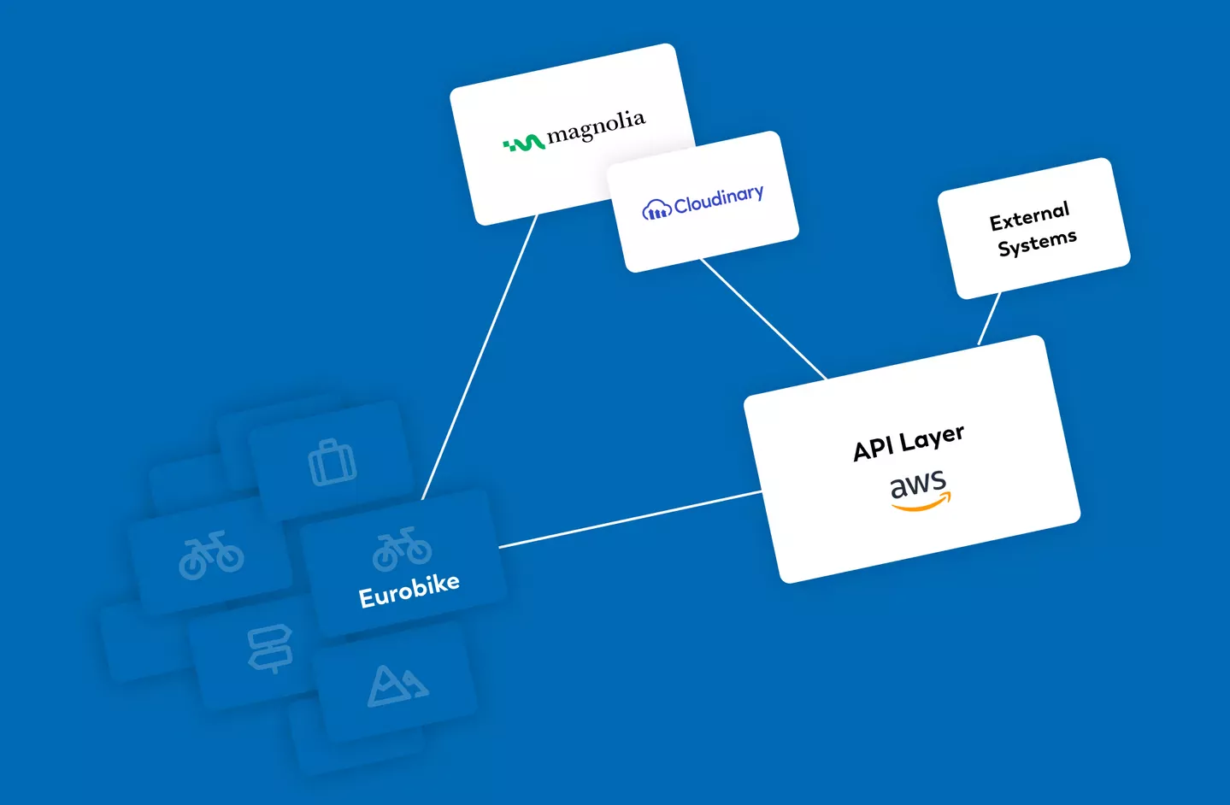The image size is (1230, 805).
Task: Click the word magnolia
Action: pos(596,126)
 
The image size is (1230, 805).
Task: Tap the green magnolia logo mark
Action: pos(524,144)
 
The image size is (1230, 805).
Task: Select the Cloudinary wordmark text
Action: pos(719,199)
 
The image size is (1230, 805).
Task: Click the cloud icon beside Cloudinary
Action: pos(656,209)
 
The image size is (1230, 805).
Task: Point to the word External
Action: pos(1029,216)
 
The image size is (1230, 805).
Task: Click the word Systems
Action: pos(1037,244)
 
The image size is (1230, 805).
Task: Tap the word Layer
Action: pos(932,437)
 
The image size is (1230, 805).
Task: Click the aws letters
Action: pos(918,485)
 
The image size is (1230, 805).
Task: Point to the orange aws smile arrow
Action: pos(921,505)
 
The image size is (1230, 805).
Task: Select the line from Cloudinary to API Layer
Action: pos(763,318)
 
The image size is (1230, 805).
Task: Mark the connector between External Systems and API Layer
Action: pos(989,319)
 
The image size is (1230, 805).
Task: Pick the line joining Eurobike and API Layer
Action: pos(630,519)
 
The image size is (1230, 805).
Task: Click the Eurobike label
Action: pos(409,591)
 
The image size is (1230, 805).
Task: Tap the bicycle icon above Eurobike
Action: pos(402,549)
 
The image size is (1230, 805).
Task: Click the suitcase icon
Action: pos(332,462)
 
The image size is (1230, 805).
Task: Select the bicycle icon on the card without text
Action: pos(210,555)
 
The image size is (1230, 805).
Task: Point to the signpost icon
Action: pos(269,649)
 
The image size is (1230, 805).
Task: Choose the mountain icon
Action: pos(397,685)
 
